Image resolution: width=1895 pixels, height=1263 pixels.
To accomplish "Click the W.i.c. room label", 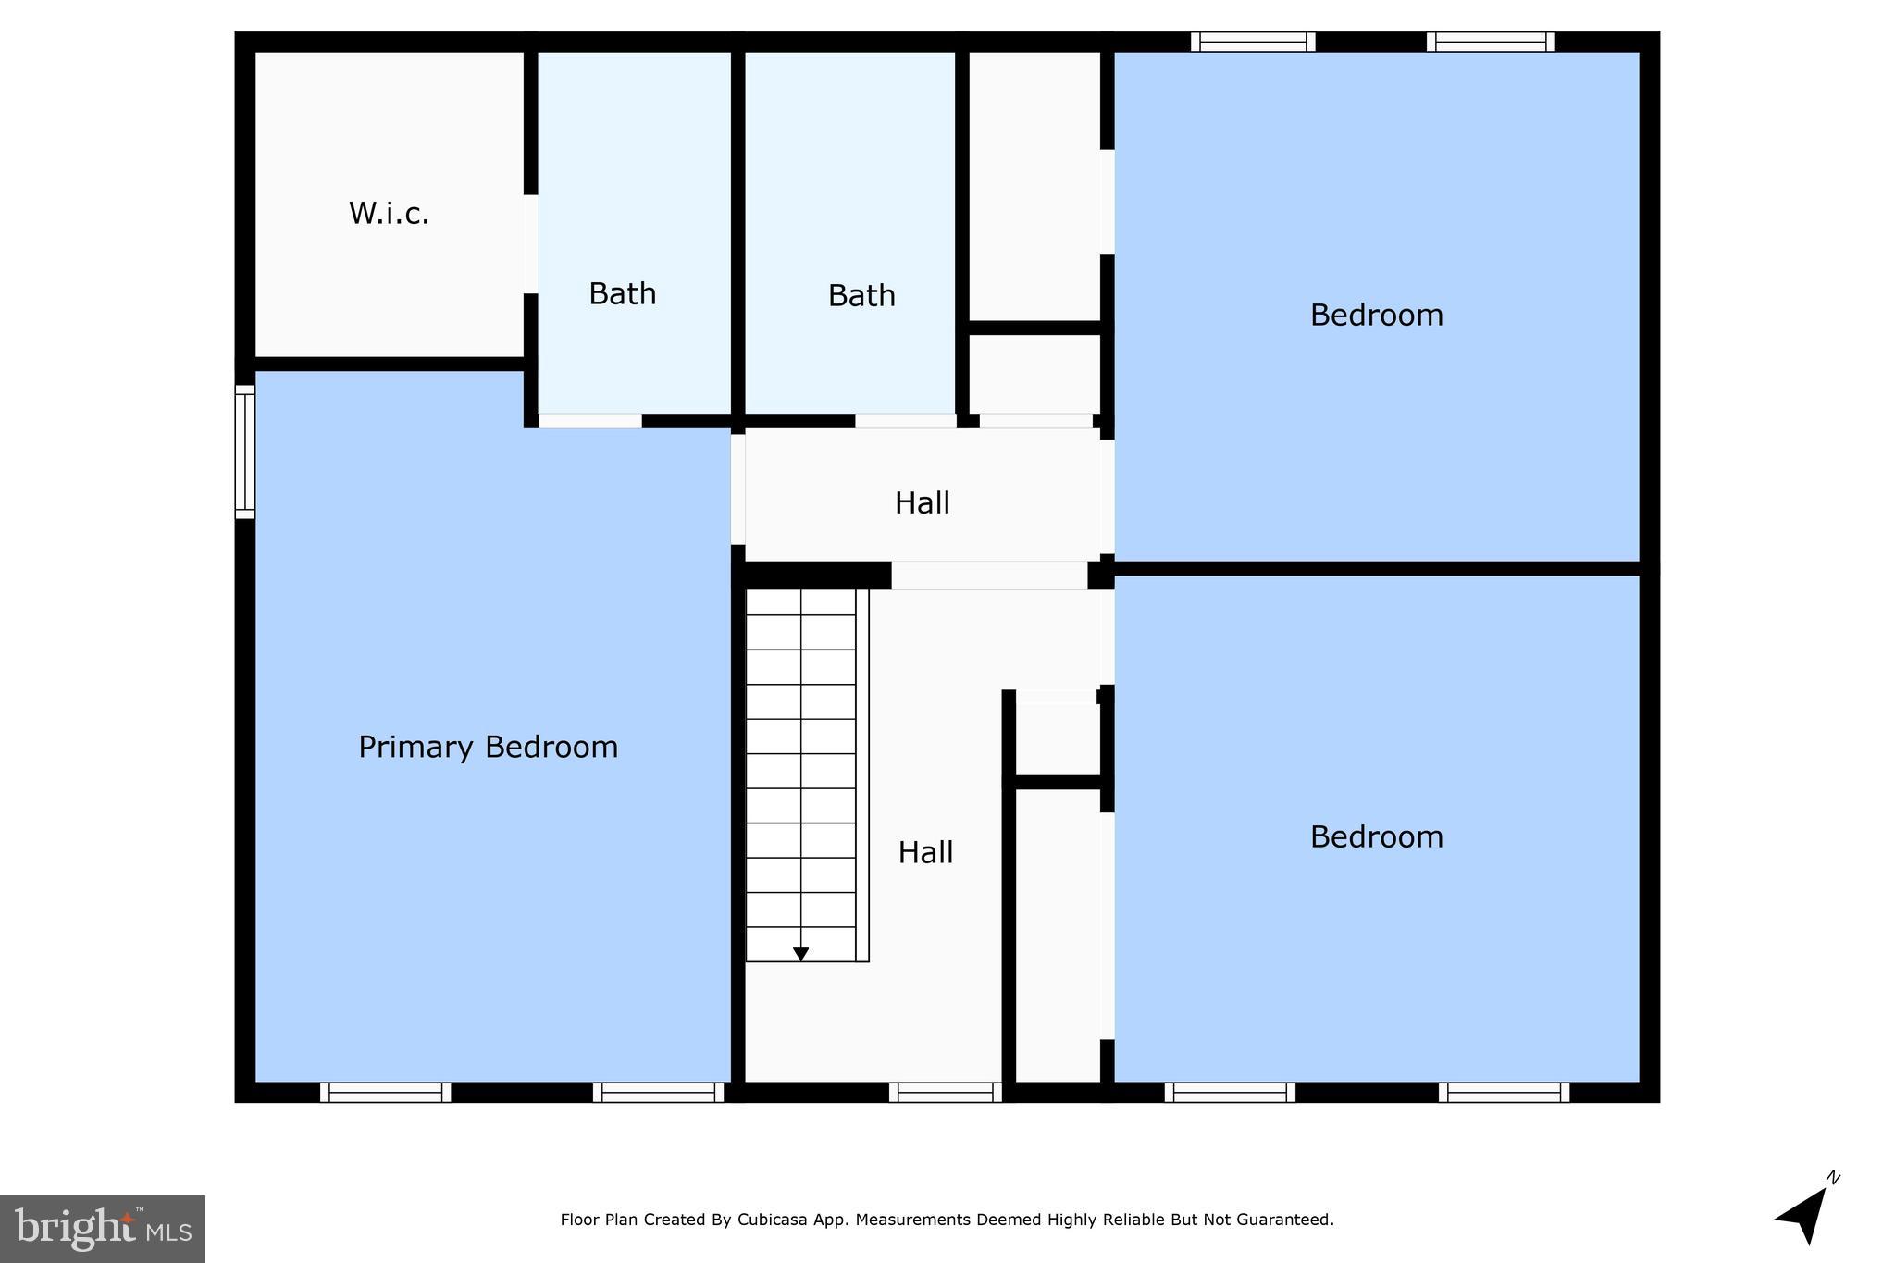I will point(389,214).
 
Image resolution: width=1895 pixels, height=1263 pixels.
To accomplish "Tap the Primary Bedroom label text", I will point(488,747).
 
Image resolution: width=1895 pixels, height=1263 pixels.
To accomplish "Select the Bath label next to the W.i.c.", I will point(623,294).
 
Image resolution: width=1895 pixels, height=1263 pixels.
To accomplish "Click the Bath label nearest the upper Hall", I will point(861,296).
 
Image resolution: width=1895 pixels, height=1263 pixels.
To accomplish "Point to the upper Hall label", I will point(922,503).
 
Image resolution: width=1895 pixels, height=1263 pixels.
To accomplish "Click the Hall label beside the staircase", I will point(925,852).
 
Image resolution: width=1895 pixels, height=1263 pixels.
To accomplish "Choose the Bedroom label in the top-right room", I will point(1376,316).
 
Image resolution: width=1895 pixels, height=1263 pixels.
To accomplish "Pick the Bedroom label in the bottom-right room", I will point(1376,837).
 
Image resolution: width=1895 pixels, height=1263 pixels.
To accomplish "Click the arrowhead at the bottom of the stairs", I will point(801,954).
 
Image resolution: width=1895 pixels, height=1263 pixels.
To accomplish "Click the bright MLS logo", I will point(103,1229).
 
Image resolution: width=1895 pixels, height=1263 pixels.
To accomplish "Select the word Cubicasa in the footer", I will point(772,1220).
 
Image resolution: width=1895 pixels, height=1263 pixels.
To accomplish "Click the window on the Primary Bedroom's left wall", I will point(244,452).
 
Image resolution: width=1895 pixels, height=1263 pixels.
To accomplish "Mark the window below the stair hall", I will point(945,1093).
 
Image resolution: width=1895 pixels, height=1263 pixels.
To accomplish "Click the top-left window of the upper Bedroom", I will point(1252,42).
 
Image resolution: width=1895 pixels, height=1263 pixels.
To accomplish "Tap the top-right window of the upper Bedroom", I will point(1490,42).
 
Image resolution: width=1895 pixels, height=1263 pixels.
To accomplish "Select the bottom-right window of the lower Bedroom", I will point(1503,1093).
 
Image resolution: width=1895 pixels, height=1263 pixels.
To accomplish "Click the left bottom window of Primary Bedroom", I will point(385,1093).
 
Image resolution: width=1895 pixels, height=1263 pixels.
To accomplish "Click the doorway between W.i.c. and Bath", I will point(531,244).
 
